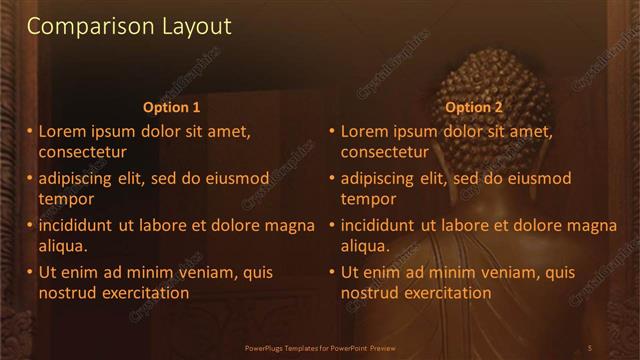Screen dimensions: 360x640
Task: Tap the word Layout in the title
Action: pyautogui.click(x=197, y=26)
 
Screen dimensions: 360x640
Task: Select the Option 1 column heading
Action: pyautogui.click(x=172, y=107)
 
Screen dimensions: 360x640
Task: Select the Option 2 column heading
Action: pyautogui.click(x=474, y=107)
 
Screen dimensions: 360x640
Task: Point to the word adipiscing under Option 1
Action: pyautogui.click(x=81, y=178)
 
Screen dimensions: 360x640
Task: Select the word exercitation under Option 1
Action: pyautogui.click(x=144, y=293)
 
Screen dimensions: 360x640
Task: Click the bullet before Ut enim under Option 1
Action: pyautogui.click(x=30, y=272)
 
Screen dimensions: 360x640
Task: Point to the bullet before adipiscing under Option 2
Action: pyautogui.click(x=332, y=178)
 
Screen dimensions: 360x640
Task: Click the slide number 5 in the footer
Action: pyautogui.click(x=590, y=347)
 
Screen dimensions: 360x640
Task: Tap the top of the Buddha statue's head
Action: pyautogui.click(x=490, y=54)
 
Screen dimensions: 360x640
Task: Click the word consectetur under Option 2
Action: pyautogui.click(x=385, y=152)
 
